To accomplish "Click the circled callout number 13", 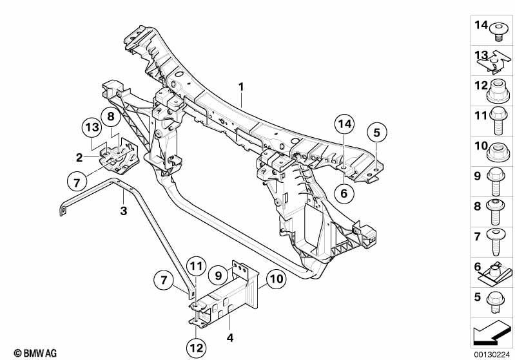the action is point(92,128).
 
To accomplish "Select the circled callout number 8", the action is point(111,117).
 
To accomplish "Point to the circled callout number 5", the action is point(376,133).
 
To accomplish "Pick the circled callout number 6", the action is point(344,194).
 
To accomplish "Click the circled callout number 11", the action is point(196,266).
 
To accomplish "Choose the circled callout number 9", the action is point(219,275).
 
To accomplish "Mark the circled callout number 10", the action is point(277,279).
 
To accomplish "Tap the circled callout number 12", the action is point(197,348).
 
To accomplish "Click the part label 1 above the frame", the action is point(242,87).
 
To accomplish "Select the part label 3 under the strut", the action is point(123,211).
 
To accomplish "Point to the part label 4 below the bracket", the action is point(230,337).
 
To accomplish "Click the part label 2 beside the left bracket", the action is point(79,158).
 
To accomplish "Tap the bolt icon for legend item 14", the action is point(499,32).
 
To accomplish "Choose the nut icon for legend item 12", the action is point(499,91).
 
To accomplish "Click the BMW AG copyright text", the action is point(35,353).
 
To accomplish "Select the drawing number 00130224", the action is point(492,355).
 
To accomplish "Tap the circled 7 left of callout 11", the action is point(164,280).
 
